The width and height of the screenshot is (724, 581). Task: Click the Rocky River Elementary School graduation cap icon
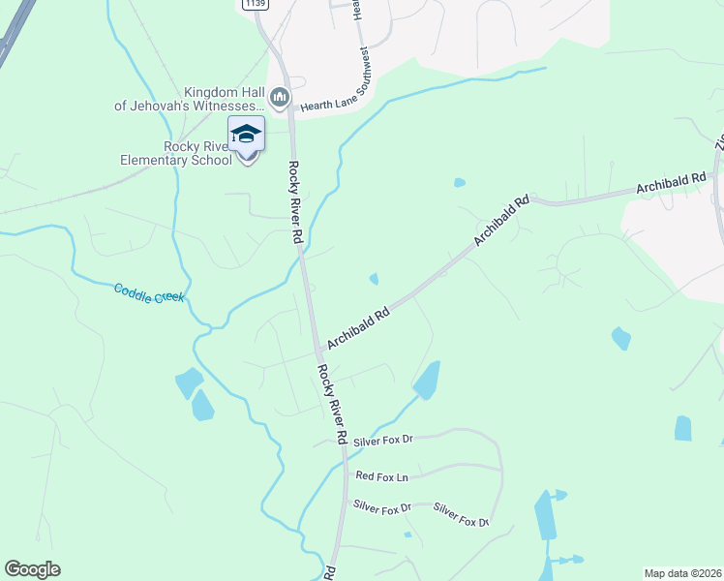246,134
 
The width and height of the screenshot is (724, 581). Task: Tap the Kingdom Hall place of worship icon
280,98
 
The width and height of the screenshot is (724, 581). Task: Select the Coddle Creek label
148,292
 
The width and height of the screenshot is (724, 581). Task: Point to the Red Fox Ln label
382,475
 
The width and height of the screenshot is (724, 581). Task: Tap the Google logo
32,569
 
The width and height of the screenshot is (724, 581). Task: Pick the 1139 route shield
255,5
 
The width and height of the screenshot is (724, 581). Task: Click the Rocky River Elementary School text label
196,153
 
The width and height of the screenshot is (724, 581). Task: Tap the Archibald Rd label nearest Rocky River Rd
358,328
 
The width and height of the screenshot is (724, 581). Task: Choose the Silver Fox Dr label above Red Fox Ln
382,441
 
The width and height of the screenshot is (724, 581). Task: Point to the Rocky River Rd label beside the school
296,190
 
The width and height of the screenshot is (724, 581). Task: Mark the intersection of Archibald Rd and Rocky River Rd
317,351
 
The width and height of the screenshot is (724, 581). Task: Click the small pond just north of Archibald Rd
374,280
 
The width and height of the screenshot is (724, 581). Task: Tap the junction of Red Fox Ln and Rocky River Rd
346,476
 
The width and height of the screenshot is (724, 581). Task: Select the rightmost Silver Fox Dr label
461,514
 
